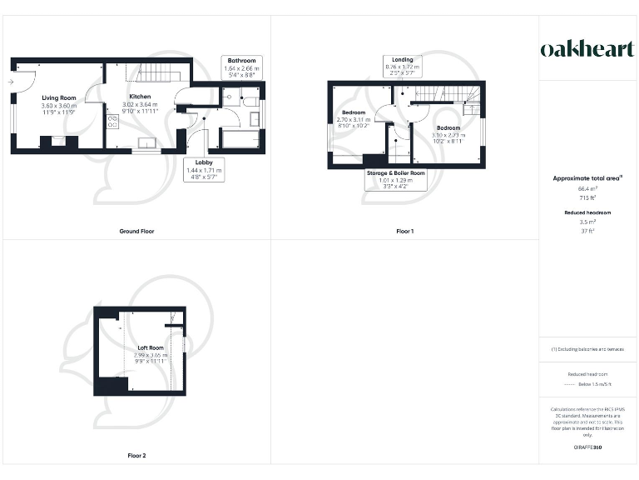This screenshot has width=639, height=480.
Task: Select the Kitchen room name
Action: click(x=139, y=97)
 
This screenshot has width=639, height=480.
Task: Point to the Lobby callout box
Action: click(x=203, y=170)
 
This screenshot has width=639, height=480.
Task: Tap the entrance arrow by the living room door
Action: click(x=10, y=82)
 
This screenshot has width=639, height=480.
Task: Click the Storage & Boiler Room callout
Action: click(x=396, y=178)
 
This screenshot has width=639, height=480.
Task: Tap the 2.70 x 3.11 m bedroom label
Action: click(x=354, y=119)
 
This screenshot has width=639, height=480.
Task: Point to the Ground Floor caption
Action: click(x=136, y=231)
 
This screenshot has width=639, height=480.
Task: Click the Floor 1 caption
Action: click(x=404, y=231)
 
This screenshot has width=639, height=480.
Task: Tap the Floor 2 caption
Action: click(x=136, y=456)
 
